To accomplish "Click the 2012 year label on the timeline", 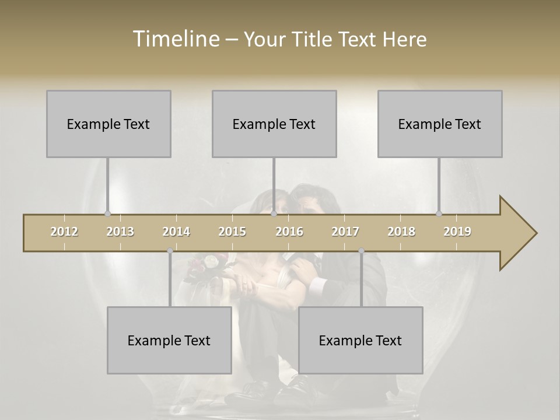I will tap(64, 232).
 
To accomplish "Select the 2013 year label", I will tap(120, 232).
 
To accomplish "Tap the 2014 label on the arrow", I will tap(176, 232).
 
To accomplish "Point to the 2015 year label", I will tap(232, 232).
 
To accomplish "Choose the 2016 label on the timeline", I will tap(289, 232).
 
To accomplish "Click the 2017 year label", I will tap(345, 232).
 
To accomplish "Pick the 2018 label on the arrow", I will tap(401, 232).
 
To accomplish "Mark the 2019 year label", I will tap(457, 232).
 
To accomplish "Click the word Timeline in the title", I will tap(174, 39).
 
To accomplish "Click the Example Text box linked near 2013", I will tap(108, 124).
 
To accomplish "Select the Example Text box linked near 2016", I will tap(274, 124).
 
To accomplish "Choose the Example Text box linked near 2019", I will tap(440, 124).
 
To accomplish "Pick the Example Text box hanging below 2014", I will tap(169, 340).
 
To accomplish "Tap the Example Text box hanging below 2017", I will tap(360, 340).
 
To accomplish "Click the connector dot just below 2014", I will tap(170, 251).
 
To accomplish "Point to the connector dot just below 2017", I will tap(361, 251).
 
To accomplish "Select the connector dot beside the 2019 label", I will tap(439, 214).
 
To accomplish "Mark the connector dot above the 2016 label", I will tap(274, 214).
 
